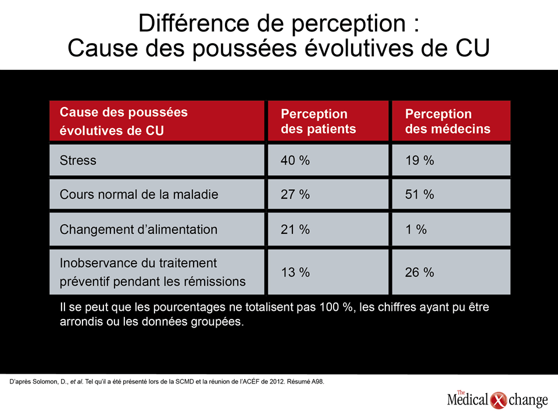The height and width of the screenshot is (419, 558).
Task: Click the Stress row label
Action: coord(78,161)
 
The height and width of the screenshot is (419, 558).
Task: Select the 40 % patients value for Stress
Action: coord(295,161)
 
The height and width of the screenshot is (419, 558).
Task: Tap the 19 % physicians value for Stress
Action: coord(420,161)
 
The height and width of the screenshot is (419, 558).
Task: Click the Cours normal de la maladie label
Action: coord(139,194)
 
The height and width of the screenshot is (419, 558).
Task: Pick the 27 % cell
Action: coord(295,194)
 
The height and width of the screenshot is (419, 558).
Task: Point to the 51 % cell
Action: coord(420,194)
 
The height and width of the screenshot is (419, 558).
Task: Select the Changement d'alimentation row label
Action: coord(138,229)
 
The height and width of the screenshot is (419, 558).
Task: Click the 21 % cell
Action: coord(295,229)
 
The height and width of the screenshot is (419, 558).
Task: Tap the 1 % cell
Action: coord(416,229)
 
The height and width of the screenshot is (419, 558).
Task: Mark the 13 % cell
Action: coord(295,272)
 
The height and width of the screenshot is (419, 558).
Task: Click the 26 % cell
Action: coord(420,272)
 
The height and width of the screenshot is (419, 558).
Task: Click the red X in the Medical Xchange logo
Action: coord(498,400)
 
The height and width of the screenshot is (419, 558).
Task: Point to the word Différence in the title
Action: coord(194,23)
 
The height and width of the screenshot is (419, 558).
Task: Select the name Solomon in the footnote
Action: coord(48,382)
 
